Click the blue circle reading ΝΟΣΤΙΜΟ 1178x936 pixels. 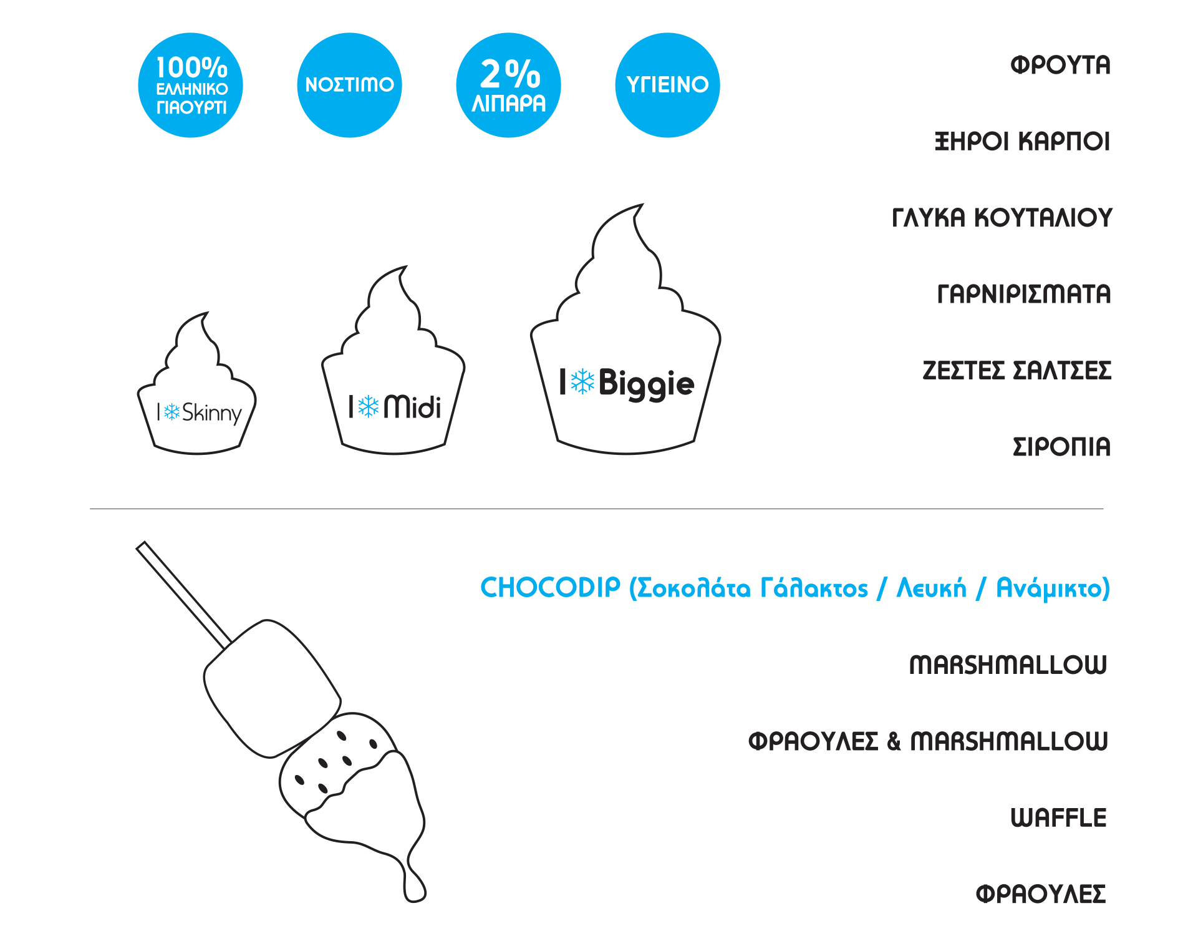coord(349,85)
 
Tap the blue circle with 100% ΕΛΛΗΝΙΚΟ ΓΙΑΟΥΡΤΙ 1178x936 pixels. coord(190,85)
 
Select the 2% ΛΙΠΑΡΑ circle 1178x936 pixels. coord(508,85)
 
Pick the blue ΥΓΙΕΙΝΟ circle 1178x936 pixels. coord(667,85)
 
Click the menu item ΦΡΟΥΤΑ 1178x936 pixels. coord(1060,65)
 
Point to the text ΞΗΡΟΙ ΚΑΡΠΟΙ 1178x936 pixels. coord(1022,142)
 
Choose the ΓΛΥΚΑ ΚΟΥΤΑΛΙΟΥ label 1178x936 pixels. coord(1002,218)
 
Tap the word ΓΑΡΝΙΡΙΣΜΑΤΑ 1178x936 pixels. coord(1024,295)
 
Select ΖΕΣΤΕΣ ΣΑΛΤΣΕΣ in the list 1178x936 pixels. coord(1016,371)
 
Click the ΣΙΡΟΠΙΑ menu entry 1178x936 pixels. coord(1061,447)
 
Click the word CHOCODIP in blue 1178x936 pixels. coord(550,588)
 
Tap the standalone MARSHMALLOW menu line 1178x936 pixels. coord(1008,665)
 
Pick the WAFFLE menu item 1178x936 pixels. coord(1058,818)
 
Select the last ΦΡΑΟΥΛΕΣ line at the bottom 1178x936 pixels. coord(1041,894)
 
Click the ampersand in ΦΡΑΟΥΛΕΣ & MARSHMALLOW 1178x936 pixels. coord(894,741)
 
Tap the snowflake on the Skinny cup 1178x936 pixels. coord(171,411)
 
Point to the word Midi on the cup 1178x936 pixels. coord(412,407)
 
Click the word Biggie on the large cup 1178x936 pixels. coord(646,383)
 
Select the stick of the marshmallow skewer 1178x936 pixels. coord(183,594)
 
